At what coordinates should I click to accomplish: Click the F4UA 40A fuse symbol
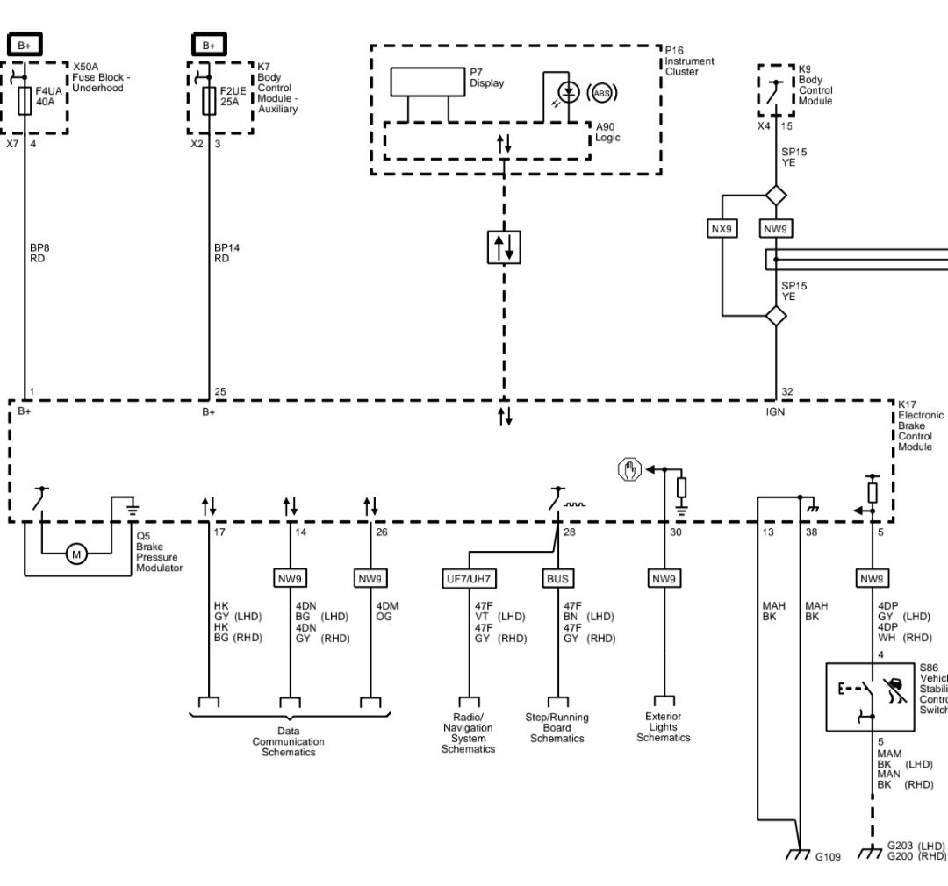(25, 100)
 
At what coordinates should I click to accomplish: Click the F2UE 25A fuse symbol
(209, 100)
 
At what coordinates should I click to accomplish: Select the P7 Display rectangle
(427, 82)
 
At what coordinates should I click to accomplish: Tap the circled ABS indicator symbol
(601, 93)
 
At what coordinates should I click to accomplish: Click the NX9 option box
(722, 229)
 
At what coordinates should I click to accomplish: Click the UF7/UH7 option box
(469, 579)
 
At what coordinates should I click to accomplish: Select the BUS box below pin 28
(557, 579)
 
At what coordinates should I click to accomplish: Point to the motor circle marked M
(76, 554)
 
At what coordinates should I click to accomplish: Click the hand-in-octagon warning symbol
(629, 469)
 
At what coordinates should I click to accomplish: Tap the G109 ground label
(828, 857)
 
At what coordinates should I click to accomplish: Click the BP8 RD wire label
(39, 254)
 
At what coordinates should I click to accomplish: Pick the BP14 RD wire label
(226, 254)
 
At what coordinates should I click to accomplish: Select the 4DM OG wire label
(387, 611)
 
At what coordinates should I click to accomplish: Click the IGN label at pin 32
(775, 411)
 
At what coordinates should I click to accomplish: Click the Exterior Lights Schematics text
(664, 727)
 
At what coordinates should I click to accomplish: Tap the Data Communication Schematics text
(289, 741)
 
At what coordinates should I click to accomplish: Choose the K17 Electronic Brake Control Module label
(920, 425)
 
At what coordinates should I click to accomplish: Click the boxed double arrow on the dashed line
(504, 247)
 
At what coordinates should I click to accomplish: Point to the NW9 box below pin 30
(664, 579)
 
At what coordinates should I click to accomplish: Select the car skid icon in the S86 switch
(895, 690)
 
